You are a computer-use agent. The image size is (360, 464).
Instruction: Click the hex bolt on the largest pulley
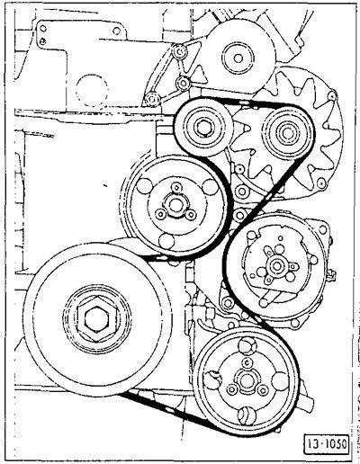(96, 318)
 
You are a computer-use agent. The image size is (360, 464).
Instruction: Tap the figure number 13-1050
(327, 443)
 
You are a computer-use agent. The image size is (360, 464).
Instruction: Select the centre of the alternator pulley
(287, 132)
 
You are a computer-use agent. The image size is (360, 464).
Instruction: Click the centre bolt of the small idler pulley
(203, 128)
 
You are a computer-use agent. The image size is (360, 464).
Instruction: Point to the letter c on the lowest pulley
(247, 362)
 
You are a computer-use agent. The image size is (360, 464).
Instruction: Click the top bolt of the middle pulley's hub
(176, 187)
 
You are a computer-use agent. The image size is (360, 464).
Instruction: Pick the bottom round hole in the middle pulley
(166, 241)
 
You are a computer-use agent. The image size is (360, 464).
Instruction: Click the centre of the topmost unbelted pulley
(238, 58)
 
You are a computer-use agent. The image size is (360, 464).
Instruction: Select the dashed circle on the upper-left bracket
(92, 91)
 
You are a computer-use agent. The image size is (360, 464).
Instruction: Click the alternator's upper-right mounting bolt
(332, 95)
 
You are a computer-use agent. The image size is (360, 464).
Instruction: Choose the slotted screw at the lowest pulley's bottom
(247, 415)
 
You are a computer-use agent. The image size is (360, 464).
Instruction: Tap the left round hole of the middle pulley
(144, 186)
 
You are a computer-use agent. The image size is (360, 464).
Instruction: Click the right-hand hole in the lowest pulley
(280, 380)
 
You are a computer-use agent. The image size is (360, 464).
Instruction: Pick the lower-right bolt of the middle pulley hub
(191, 214)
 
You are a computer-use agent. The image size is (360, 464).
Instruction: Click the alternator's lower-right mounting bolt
(321, 183)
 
